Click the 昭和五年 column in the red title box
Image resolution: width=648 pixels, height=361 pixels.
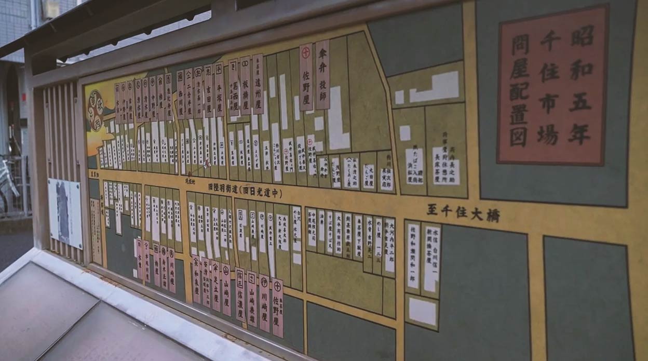point(582,86)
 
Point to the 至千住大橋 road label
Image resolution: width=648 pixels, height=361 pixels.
point(463,212)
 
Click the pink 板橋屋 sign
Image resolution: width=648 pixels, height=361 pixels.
point(245,86)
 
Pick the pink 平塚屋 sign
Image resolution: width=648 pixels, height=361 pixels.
point(219,89)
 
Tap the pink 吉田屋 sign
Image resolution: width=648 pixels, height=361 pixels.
point(208,91)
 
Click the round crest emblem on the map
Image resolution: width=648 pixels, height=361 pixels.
point(96,110)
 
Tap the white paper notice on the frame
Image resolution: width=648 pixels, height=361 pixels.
point(65,213)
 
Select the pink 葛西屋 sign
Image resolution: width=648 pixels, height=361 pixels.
point(233,87)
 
